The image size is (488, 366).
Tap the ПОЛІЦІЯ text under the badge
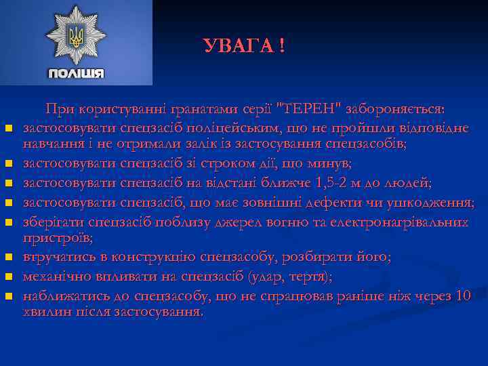76,73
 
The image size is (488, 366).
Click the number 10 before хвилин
464,296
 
